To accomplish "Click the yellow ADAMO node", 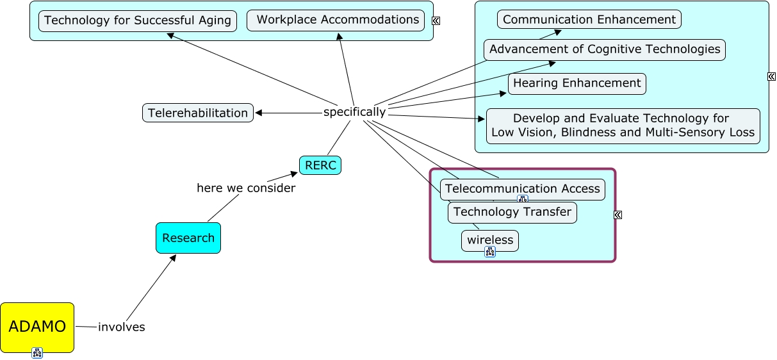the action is coord(37,327).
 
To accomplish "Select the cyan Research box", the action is coord(188,238).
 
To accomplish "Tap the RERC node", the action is coord(320,165).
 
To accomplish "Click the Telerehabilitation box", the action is coord(198,113).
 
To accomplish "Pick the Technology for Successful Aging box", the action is coord(138,20).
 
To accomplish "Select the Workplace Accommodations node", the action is coord(336,20).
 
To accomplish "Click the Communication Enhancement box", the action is coord(589,19).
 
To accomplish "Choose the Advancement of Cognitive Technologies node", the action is coord(605,50).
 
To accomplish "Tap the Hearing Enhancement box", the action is coord(577,83).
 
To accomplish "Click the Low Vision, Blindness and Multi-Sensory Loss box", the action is coord(623,126).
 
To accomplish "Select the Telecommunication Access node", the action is coord(523,190).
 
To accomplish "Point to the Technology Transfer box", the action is coord(512,213).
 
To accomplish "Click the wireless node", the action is coord(490,241).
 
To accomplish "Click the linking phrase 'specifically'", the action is coord(354,112).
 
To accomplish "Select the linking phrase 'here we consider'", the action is coord(246,188).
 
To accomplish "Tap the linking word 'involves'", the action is coord(122,327).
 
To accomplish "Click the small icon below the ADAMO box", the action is coord(37,353).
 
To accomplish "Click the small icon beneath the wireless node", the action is coord(490,252).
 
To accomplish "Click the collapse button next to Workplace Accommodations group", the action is coord(436,20).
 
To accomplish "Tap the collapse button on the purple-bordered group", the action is coord(618,215).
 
